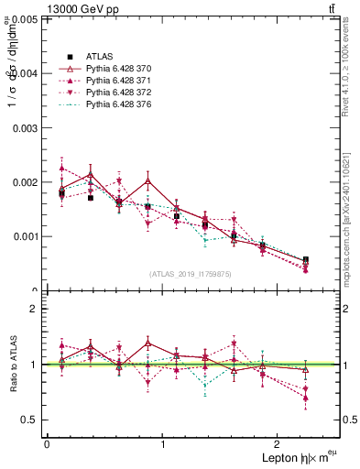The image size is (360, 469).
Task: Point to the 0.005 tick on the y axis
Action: [25, 18]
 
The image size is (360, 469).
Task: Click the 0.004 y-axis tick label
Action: [25, 73]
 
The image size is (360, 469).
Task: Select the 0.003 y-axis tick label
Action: [25, 127]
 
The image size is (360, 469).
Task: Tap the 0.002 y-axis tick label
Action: [25, 182]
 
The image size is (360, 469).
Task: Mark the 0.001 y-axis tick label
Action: [25, 236]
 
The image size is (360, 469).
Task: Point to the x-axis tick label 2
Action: [279, 443]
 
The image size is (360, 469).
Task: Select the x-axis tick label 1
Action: [163, 443]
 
